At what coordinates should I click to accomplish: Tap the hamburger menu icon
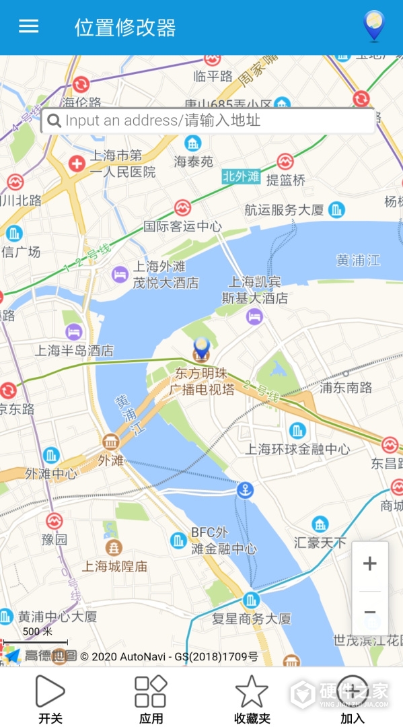point(28,26)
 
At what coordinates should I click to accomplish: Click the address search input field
point(209,121)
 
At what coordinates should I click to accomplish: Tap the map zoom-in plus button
point(369,564)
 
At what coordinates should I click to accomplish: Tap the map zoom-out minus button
point(369,613)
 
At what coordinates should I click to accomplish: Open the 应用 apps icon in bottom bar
point(151,692)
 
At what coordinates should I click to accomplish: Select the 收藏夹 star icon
point(252,692)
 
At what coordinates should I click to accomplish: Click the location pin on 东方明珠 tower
point(201,349)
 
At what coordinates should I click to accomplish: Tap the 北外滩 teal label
point(241,177)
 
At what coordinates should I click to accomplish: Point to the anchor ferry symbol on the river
point(246,490)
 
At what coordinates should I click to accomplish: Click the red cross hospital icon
point(77,163)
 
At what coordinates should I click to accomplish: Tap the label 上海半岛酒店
point(74,351)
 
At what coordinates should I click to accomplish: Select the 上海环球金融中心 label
point(297,449)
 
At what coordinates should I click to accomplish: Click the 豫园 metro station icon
point(54,520)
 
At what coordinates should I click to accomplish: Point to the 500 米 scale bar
point(36,642)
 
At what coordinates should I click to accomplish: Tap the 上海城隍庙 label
point(114,566)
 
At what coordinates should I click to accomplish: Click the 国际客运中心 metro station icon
point(182,208)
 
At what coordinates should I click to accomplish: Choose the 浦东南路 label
point(346,388)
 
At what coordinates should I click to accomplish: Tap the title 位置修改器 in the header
point(125,28)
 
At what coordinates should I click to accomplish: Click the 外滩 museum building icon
point(110,442)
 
